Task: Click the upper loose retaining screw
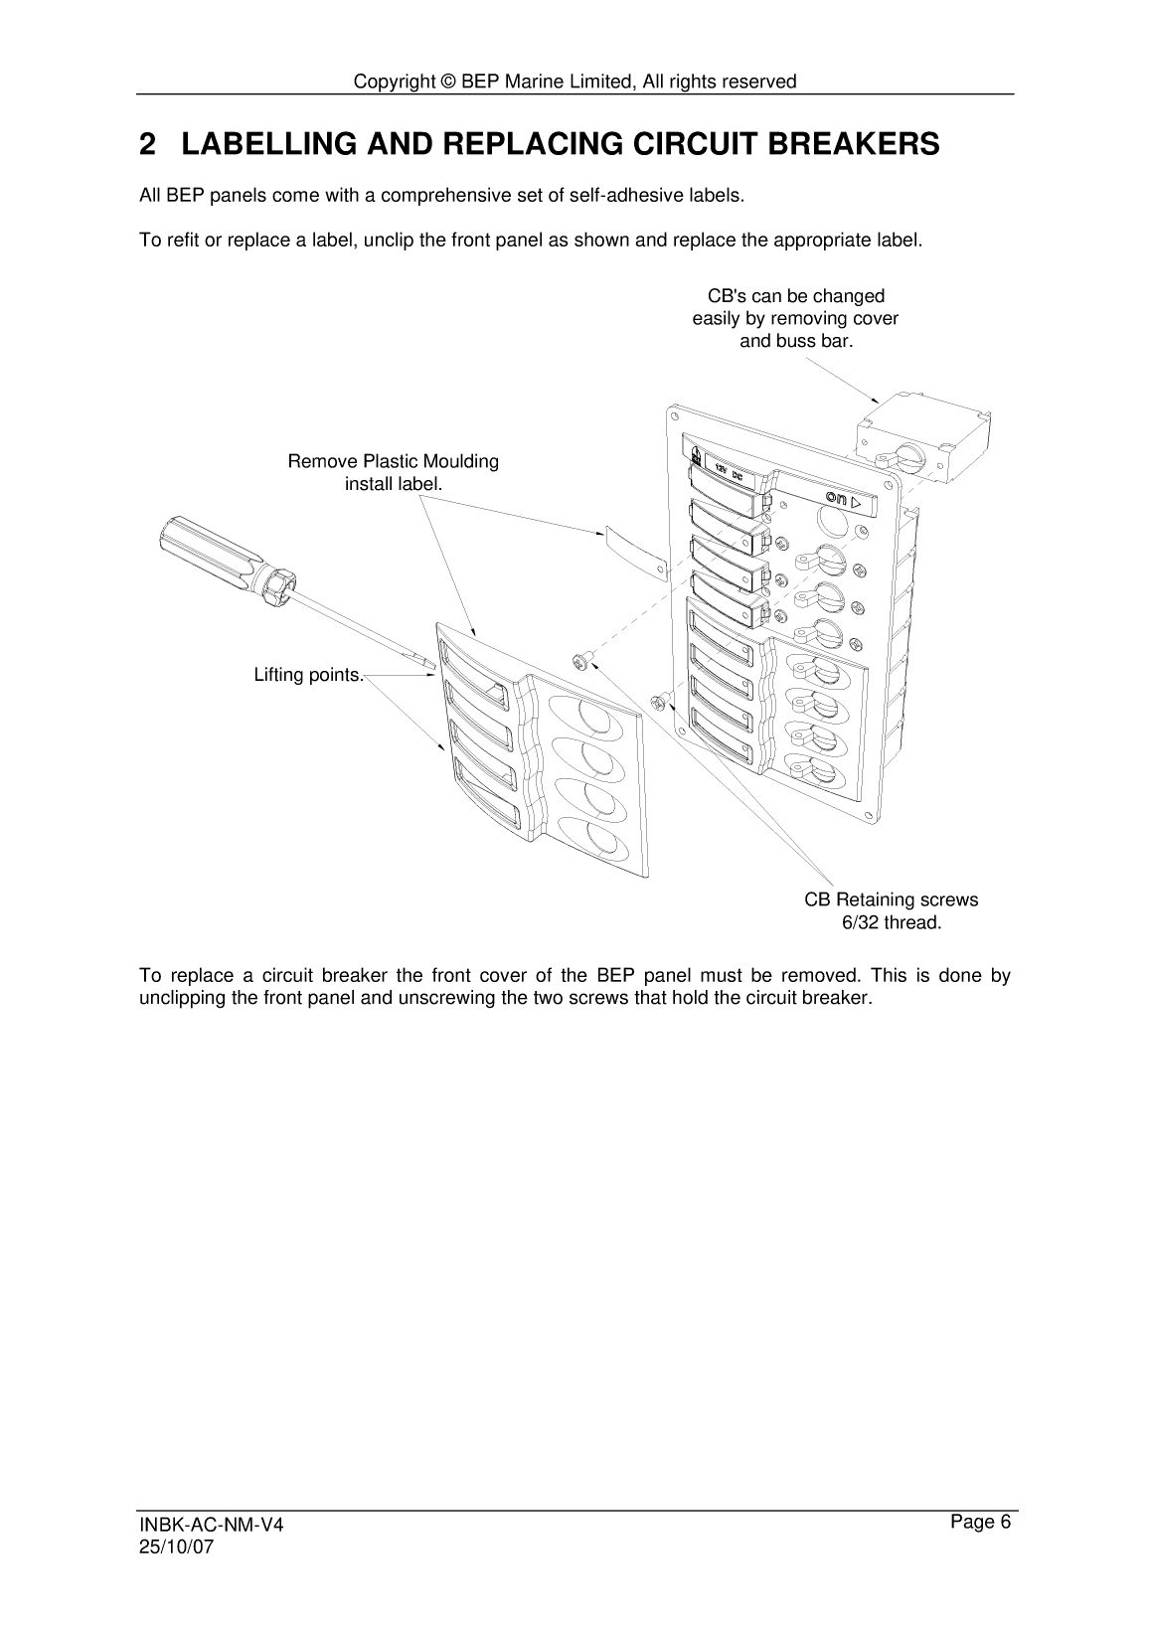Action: (x=581, y=658)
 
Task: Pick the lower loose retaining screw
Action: (x=657, y=702)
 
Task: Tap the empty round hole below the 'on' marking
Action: (x=832, y=521)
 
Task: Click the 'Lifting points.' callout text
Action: (x=309, y=675)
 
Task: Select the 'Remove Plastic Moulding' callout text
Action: (x=393, y=461)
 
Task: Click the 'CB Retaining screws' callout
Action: (x=891, y=899)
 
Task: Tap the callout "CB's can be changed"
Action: (x=795, y=296)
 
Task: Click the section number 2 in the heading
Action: (x=147, y=145)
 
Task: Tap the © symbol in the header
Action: (x=447, y=81)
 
